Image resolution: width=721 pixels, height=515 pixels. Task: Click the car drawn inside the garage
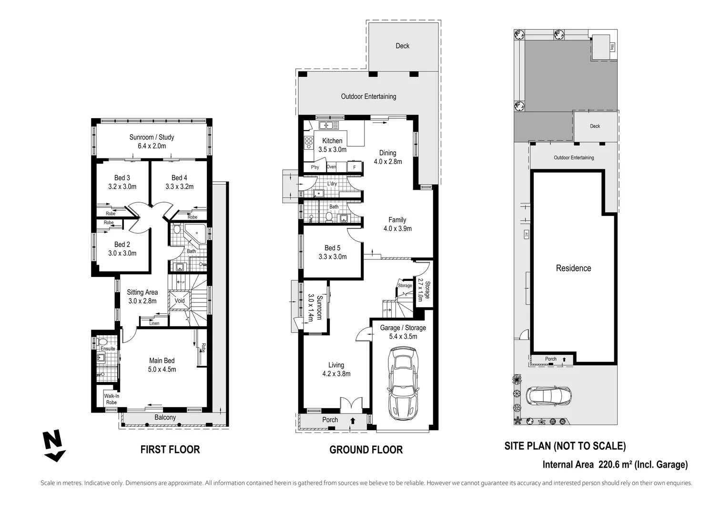pos(403,382)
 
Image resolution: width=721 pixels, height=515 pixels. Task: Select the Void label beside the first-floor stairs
pos(180,301)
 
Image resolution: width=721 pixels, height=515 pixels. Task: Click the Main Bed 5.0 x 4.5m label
pos(162,365)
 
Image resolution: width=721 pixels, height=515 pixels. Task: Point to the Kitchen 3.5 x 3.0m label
pos(332,145)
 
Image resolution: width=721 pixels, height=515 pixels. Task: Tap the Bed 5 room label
pos(332,252)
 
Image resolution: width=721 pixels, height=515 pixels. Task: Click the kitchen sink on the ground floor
pos(328,125)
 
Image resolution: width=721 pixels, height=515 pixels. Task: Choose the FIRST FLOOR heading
pos(170,449)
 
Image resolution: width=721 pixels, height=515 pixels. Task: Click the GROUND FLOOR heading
pos(366,450)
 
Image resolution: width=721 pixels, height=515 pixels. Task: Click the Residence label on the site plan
pos(573,268)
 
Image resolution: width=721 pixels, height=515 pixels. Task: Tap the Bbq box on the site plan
pos(612,47)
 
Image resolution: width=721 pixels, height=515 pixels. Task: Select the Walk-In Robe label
pos(112,399)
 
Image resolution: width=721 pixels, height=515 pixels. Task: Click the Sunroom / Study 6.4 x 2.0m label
pos(152,141)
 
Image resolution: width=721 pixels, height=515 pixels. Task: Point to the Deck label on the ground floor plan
pos(402,46)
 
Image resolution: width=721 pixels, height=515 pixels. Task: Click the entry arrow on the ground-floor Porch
pos(353,421)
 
